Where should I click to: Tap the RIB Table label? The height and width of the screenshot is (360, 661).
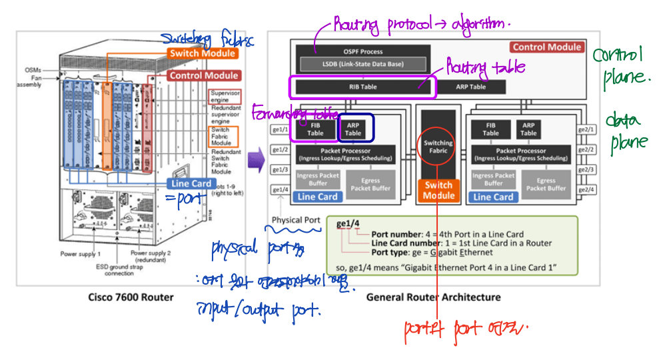pyautogui.click(x=362, y=87)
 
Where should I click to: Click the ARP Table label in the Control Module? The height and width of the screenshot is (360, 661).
pyautogui.click(x=471, y=87)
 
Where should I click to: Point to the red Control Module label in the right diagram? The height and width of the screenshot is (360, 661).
pyautogui.click(x=546, y=47)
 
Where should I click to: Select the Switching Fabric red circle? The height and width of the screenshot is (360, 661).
pyautogui.click(x=438, y=148)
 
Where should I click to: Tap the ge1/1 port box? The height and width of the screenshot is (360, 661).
pyautogui.click(x=280, y=129)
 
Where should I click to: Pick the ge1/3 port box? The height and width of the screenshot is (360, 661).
pyautogui.click(x=280, y=169)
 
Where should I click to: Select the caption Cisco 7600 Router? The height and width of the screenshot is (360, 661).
pyautogui.click(x=131, y=297)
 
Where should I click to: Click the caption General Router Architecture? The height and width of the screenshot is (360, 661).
pyautogui.click(x=433, y=297)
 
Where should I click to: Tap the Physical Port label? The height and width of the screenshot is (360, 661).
pyautogui.click(x=296, y=220)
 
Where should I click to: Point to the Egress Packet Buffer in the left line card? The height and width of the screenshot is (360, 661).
pyautogui.click(x=370, y=184)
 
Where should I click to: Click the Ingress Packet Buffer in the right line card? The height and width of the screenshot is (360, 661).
pyautogui.click(x=492, y=180)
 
